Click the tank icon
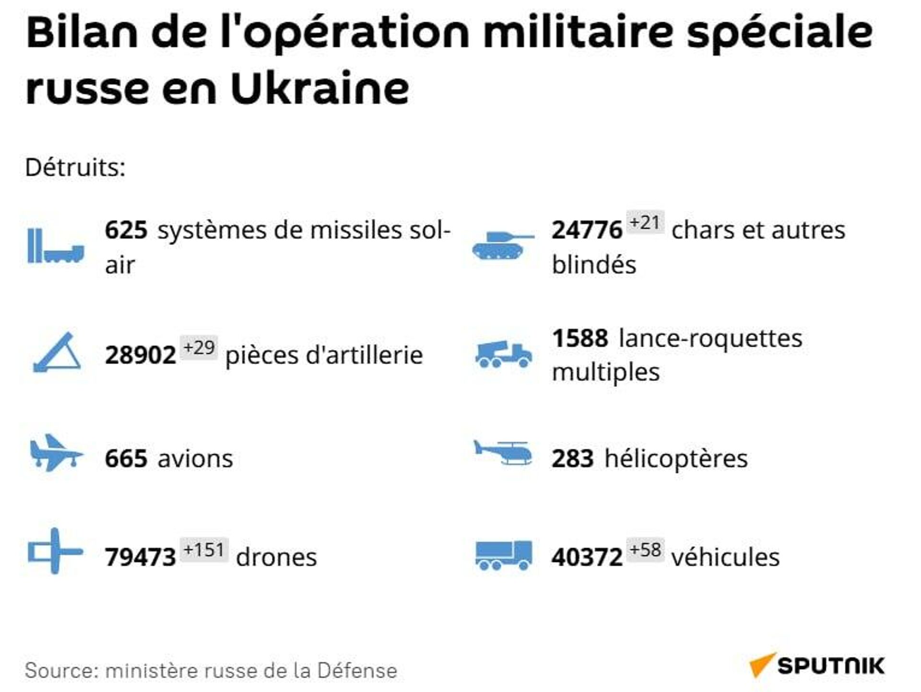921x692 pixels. (x=502, y=245)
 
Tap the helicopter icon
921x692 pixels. (x=503, y=453)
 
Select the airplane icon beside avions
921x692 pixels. (x=55, y=453)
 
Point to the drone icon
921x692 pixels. (x=55, y=551)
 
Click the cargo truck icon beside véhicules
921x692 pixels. (x=503, y=555)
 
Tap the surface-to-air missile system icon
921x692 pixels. (x=56, y=246)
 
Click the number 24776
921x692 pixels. (x=587, y=230)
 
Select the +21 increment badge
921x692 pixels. (x=645, y=223)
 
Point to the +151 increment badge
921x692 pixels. (x=204, y=550)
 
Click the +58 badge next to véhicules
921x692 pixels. (x=645, y=550)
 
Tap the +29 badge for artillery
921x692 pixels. (x=199, y=347)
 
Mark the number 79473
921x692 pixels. (x=140, y=557)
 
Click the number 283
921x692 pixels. (x=572, y=458)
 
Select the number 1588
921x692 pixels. (x=580, y=339)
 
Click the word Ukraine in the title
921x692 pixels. (x=320, y=89)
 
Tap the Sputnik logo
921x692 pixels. (x=817, y=665)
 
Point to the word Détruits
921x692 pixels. (x=75, y=168)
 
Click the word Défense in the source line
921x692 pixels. (x=357, y=670)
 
